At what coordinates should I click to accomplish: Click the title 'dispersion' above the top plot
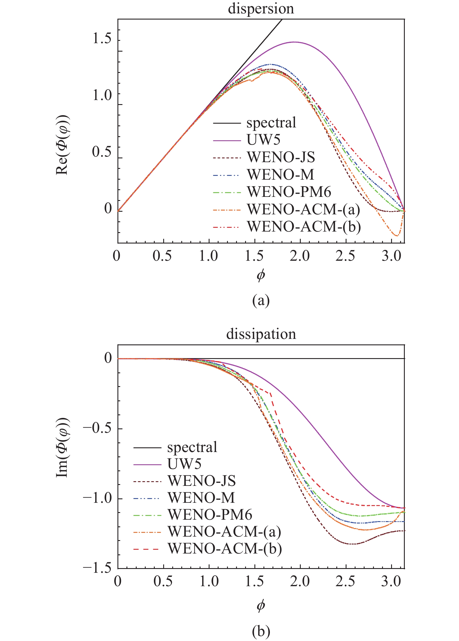261,9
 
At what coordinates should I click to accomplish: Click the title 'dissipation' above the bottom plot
261,334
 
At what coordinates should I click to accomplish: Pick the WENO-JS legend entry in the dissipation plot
201,481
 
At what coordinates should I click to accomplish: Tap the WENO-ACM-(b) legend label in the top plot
304,227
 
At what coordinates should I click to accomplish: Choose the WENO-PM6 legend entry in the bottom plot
210,515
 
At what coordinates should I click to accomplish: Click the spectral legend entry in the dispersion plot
271,123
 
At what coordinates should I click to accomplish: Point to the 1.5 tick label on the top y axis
102,38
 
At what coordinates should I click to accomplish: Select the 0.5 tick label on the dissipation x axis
163,582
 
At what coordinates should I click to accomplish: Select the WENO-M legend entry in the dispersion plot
280,175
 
